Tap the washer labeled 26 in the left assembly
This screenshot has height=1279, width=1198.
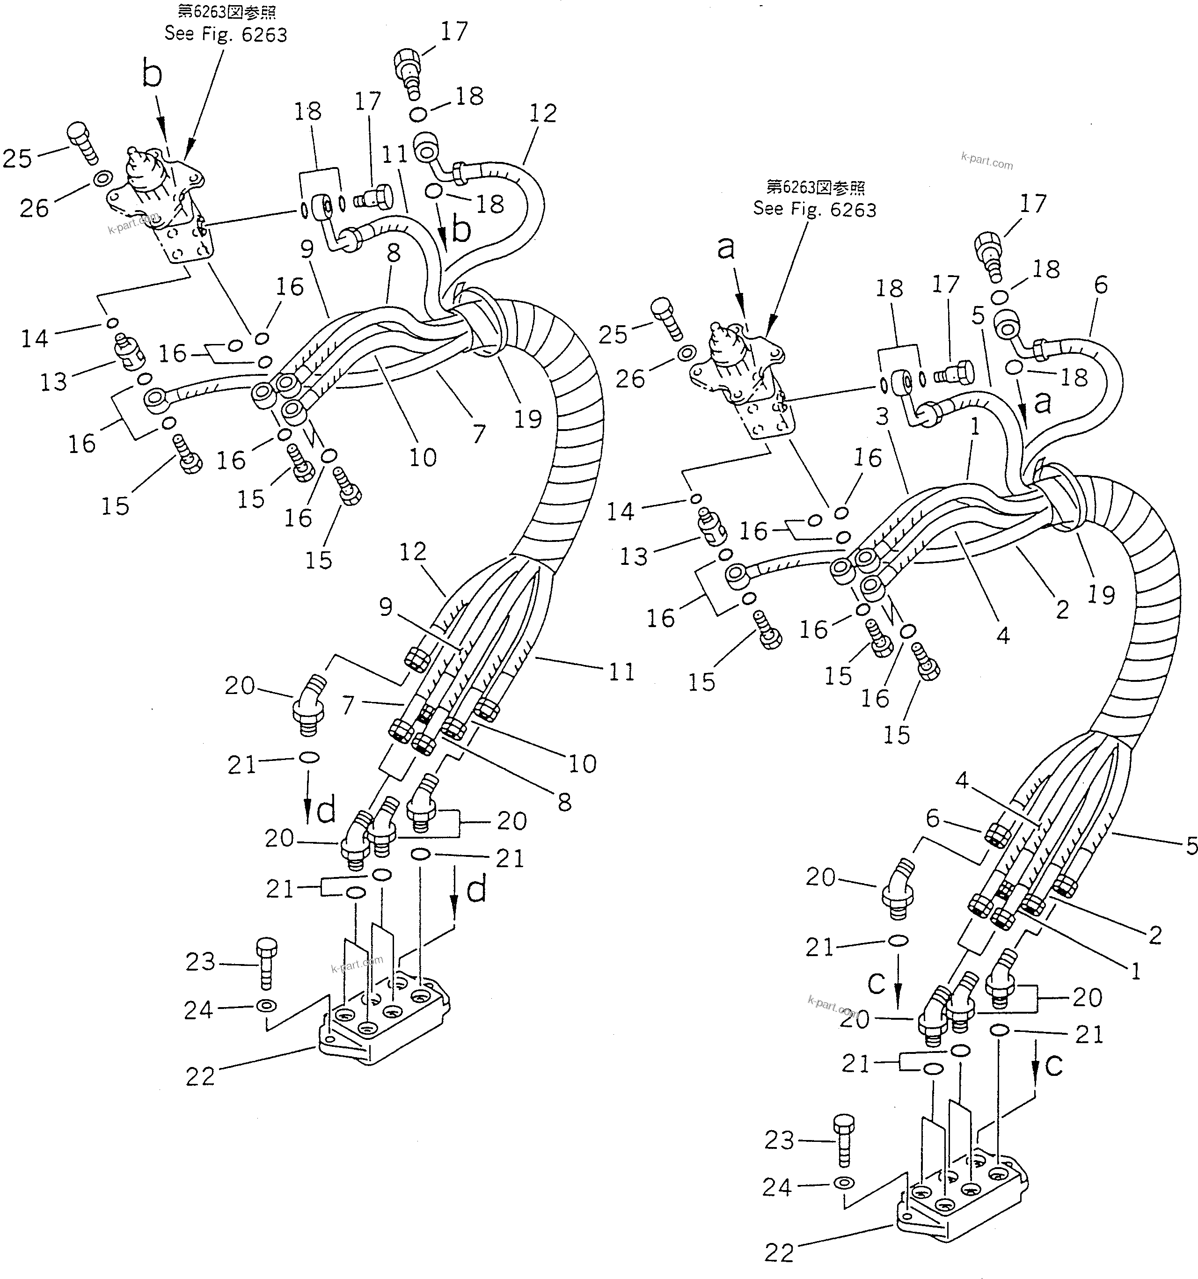point(102,179)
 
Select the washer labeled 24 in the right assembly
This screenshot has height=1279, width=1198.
point(843,1183)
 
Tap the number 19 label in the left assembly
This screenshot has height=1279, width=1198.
point(527,419)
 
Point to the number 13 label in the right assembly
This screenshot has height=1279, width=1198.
point(633,556)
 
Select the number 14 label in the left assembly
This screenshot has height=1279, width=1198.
point(34,338)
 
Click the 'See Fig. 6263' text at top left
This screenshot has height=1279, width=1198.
point(225,34)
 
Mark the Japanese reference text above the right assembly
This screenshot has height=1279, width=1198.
point(815,187)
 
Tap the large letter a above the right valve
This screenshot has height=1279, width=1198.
point(726,248)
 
